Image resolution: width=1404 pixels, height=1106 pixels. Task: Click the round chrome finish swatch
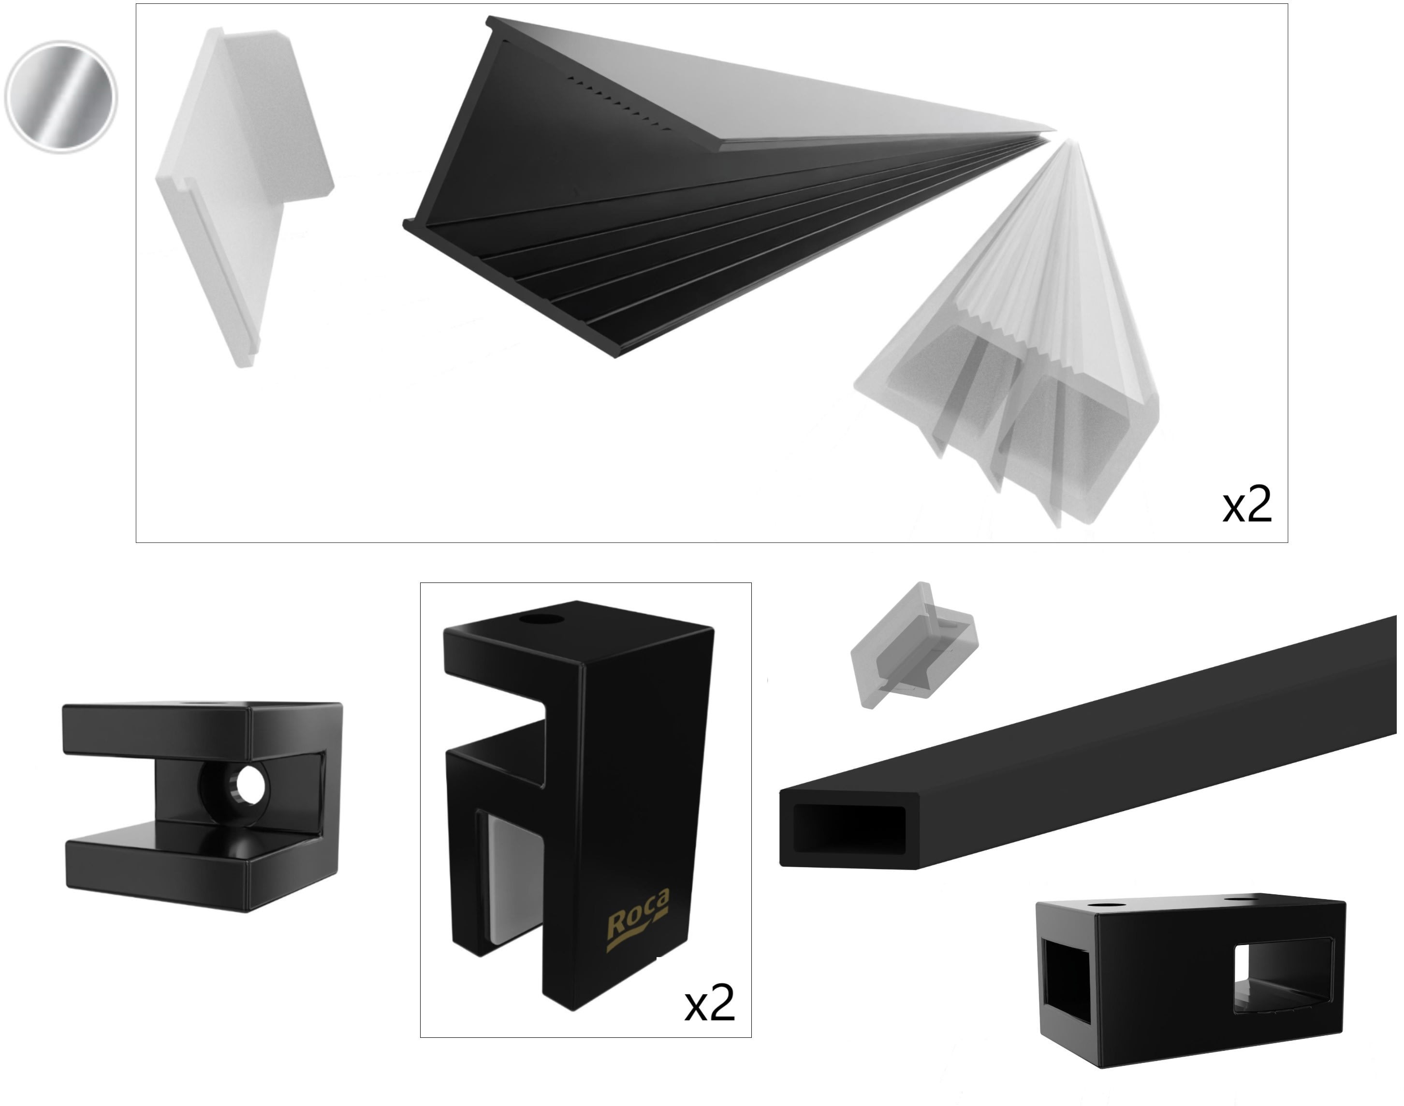click(61, 97)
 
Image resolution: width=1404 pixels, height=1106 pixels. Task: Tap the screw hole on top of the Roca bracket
click(541, 620)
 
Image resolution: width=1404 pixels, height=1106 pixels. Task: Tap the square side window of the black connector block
click(1282, 978)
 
